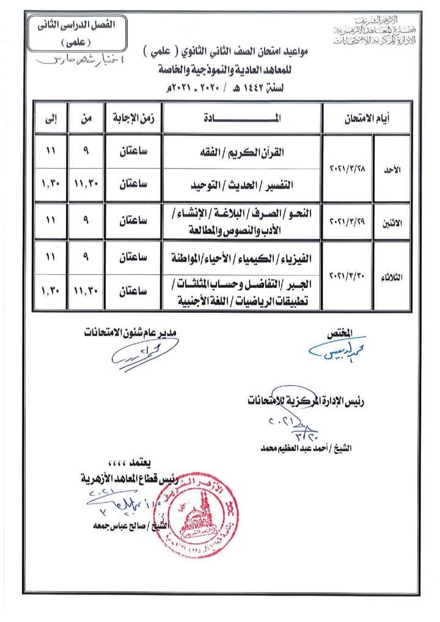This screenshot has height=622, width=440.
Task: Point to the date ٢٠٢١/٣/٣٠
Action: pyautogui.click(x=347, y=276)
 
